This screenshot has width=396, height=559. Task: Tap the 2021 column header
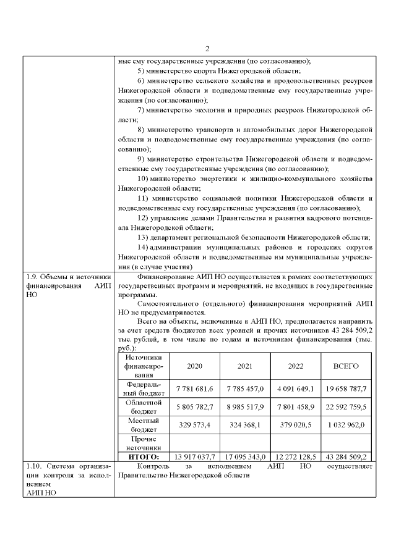[x=245, y=366]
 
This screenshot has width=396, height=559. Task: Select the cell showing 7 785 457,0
[x=245, y=388]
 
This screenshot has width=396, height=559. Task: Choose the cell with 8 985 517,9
[x=245, y=406]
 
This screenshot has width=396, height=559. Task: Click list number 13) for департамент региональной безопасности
[x=142, y=238]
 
